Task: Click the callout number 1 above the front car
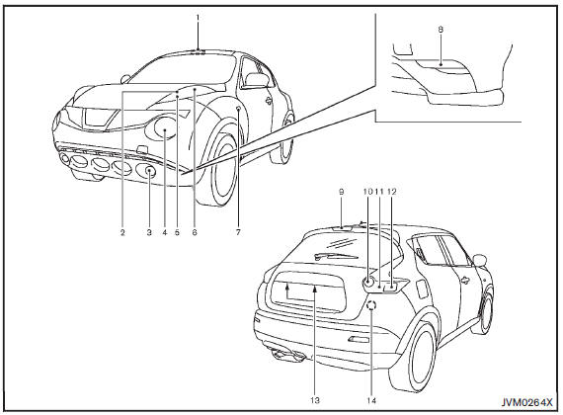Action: [198, 17]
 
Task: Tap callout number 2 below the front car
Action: [122, 232]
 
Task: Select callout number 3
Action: [149, 232]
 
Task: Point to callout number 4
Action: [165, 232]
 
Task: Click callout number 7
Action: [238, 232]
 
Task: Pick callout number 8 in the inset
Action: [441, 30]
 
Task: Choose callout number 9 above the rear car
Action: [341, 192]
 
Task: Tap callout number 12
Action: [392, 192]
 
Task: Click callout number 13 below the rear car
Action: [315, 400]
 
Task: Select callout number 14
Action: [371, 400]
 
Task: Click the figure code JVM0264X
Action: [526, 402]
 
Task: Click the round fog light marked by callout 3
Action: [150, 171]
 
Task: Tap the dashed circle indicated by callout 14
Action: [371, 305]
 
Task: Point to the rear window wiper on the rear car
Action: [336, 256]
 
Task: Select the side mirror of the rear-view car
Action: [480, 260]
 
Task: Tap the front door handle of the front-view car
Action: [269, 101]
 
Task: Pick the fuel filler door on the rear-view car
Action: [419, 287]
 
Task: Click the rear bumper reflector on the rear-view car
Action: [358, 339]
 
